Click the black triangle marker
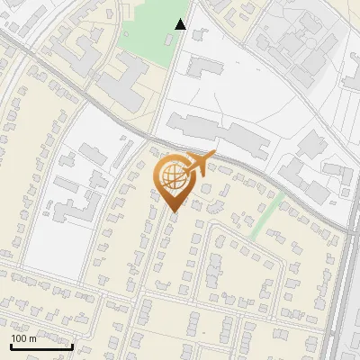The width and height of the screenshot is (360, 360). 181,24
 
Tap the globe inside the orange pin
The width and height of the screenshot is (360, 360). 173,176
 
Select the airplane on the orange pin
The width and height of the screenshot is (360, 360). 200,163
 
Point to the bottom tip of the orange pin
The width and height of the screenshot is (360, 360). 174,212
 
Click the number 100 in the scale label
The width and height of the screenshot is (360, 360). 19,339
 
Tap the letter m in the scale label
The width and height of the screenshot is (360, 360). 32,339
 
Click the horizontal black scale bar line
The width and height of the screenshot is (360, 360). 41,346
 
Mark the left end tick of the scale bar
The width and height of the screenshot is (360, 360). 11,345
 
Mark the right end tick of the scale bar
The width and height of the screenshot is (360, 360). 72,345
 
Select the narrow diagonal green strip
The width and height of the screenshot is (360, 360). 266,216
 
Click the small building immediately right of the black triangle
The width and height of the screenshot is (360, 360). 199,35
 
